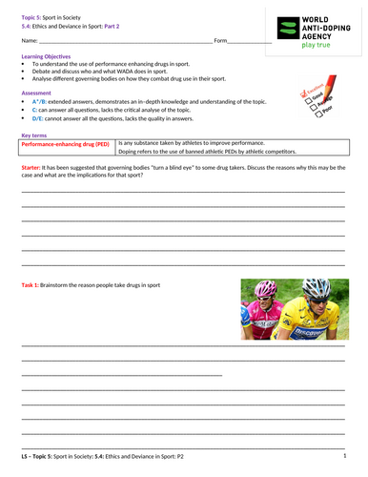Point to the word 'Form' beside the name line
[x=220, y=41]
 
